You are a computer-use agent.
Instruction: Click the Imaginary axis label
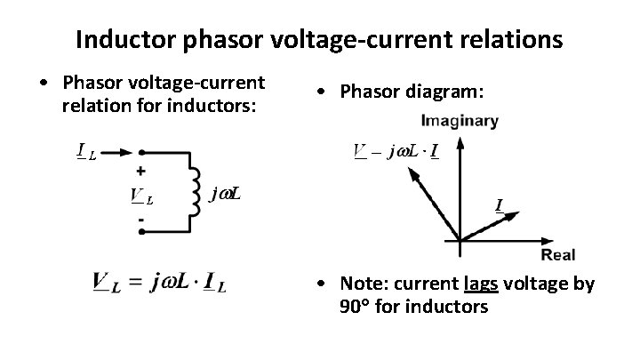(x=461, y=121)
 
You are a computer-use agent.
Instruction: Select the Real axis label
(x=557, y=256)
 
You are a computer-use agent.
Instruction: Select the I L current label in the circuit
(x=86, y=151)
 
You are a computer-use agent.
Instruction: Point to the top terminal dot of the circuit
(x=143, y=152)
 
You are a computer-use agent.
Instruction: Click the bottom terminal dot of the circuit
(x=143, y=232)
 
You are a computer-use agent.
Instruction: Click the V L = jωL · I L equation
(x=159, y=284)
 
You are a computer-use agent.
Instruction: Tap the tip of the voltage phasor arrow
(x=410, y=173)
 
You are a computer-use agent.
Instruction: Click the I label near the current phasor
(x=500, y=206)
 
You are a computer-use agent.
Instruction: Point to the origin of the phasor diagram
(x=459, y=240)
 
